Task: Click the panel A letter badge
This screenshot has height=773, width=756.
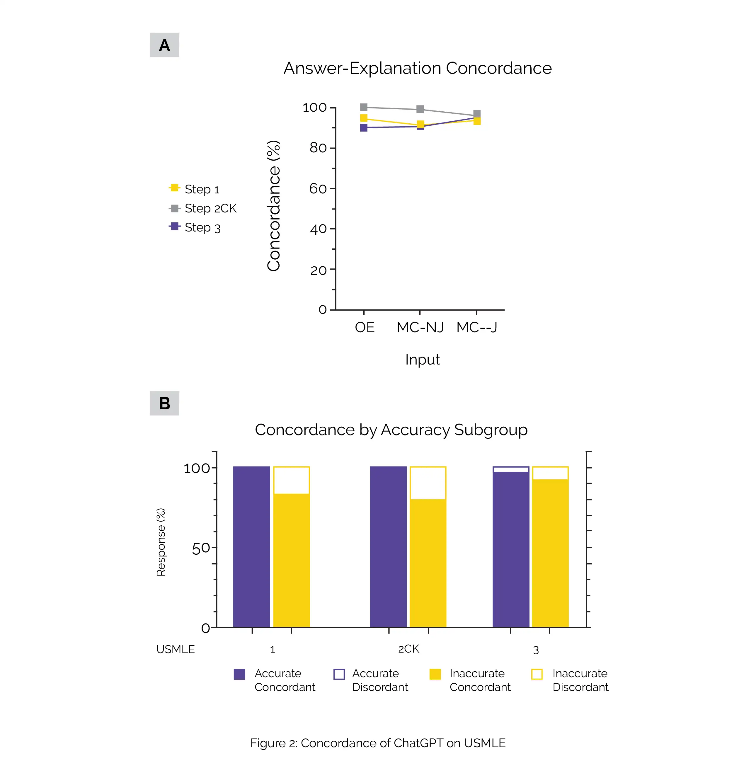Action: [x=164, y=45]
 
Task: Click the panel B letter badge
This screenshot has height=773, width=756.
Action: [x=164, y=403]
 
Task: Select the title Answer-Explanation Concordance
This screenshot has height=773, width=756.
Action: [x=417, y=68]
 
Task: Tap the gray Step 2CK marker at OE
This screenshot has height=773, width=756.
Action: [x=364, y=107]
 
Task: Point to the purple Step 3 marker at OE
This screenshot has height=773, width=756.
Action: [x=364, y=127]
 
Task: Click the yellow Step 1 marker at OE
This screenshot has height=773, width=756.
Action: [x=364, y=118]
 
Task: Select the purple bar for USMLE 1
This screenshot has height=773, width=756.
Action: [x=251, y=547]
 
